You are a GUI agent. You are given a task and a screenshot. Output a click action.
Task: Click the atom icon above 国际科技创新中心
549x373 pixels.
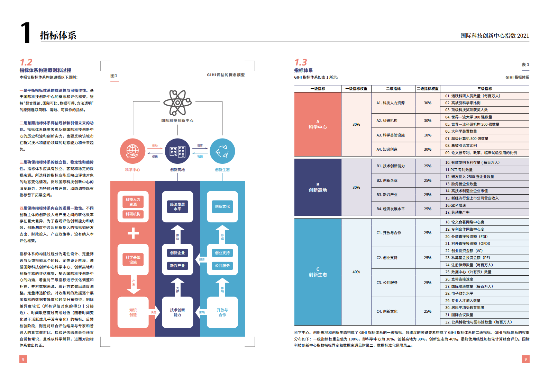[177, 103]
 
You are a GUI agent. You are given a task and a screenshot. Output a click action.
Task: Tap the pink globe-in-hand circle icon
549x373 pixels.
[132, 151]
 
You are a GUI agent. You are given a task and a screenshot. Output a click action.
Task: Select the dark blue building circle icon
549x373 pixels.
[177, 151]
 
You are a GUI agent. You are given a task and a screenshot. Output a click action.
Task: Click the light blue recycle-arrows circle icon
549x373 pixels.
[222, 151]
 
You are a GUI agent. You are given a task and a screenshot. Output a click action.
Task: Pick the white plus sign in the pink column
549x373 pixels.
[133, 233]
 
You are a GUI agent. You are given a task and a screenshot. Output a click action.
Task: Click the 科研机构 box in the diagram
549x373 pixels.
[133, 214]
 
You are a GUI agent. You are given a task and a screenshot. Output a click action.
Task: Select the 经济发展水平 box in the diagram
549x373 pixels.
[177, 207]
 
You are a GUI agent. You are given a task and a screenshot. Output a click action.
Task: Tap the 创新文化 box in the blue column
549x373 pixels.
[222, 207]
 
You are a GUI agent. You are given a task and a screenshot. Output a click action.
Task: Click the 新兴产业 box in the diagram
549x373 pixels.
[177, 266]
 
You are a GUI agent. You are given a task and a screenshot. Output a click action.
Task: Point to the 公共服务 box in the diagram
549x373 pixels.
[222, 266]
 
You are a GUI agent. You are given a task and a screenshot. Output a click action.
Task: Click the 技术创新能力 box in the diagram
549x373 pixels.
[177, 312]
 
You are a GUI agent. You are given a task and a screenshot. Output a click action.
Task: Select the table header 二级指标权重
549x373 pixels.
[428, 89]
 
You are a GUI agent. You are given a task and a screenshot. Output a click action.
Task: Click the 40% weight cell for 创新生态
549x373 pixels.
[356, 272]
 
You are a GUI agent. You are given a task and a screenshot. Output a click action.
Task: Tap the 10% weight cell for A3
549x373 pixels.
[428, 135]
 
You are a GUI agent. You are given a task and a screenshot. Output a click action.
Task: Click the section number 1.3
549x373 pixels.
[301, 62]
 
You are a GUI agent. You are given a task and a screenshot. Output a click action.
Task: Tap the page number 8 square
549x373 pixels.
[23, 359]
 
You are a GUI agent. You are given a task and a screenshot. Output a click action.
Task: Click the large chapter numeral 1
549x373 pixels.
[26, 33]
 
